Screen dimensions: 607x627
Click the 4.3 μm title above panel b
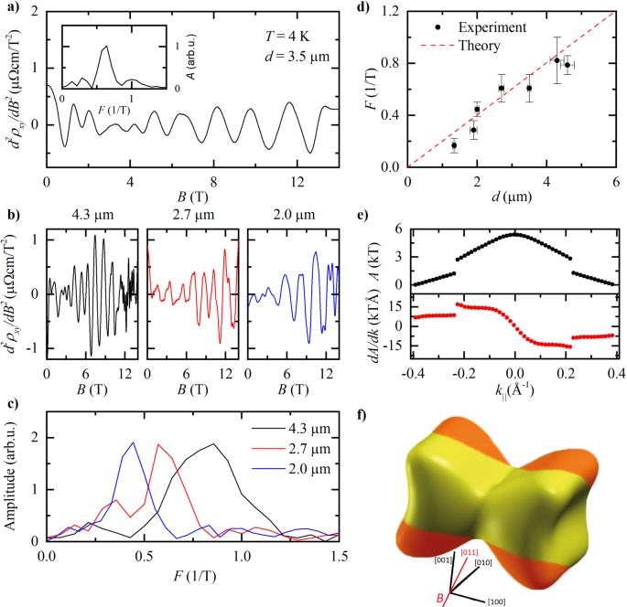[92, 218]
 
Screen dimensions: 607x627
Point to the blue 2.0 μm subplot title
[292, 218]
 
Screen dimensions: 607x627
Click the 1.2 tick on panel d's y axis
[393, 11]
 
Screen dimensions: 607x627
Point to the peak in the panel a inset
[107, 46]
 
